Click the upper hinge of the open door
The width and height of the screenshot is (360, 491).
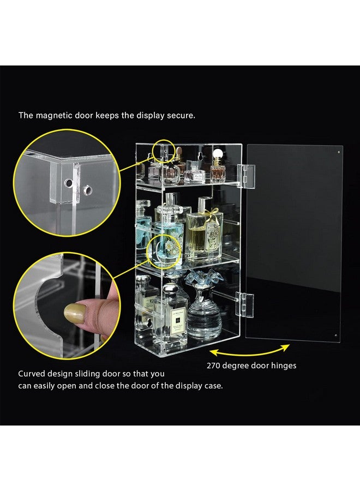pos(245,176)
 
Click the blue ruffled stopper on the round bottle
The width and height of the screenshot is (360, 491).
pos(197,281)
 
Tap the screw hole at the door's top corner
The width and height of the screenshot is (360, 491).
pos(338,151)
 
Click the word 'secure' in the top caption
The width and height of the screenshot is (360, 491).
pos(181,115)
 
